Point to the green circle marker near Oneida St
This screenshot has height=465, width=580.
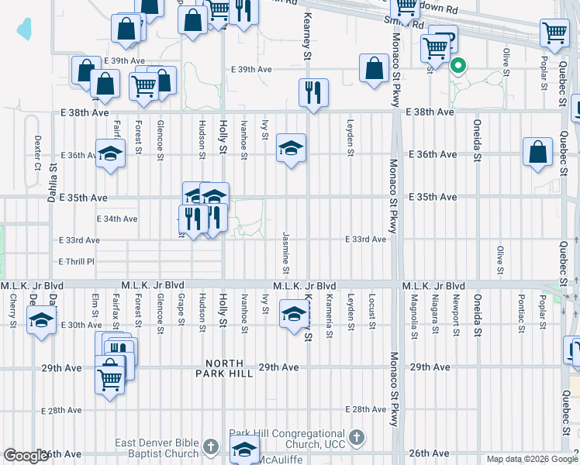(x=458, y=67)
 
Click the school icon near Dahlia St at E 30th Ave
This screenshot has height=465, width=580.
(x=41, y=319)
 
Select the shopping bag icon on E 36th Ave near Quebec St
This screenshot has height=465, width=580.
(x=537, y=152)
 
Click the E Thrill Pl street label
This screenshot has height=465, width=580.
(x=76, y=262)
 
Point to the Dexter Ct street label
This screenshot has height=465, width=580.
(x=36, y=153)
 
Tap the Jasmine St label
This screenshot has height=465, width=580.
(x=286, y=252)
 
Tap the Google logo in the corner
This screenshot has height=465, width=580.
(x=26, y=456)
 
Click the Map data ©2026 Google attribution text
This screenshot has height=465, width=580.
(x=532, y=459)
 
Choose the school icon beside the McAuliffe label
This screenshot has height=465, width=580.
(x=244, y=448)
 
